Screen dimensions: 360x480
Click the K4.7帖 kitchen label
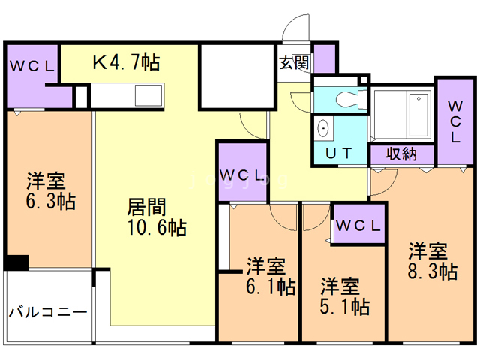click(126, 62)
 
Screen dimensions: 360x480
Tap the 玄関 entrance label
click(295, 63)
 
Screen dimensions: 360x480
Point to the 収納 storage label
click(401, 154)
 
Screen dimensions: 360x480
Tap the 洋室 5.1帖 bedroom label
click(345, 296)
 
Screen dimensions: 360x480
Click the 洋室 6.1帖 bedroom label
click(271, 276)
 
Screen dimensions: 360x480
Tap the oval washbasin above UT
click(324, 129)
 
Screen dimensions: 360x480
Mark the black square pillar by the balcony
click(16, 262)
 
